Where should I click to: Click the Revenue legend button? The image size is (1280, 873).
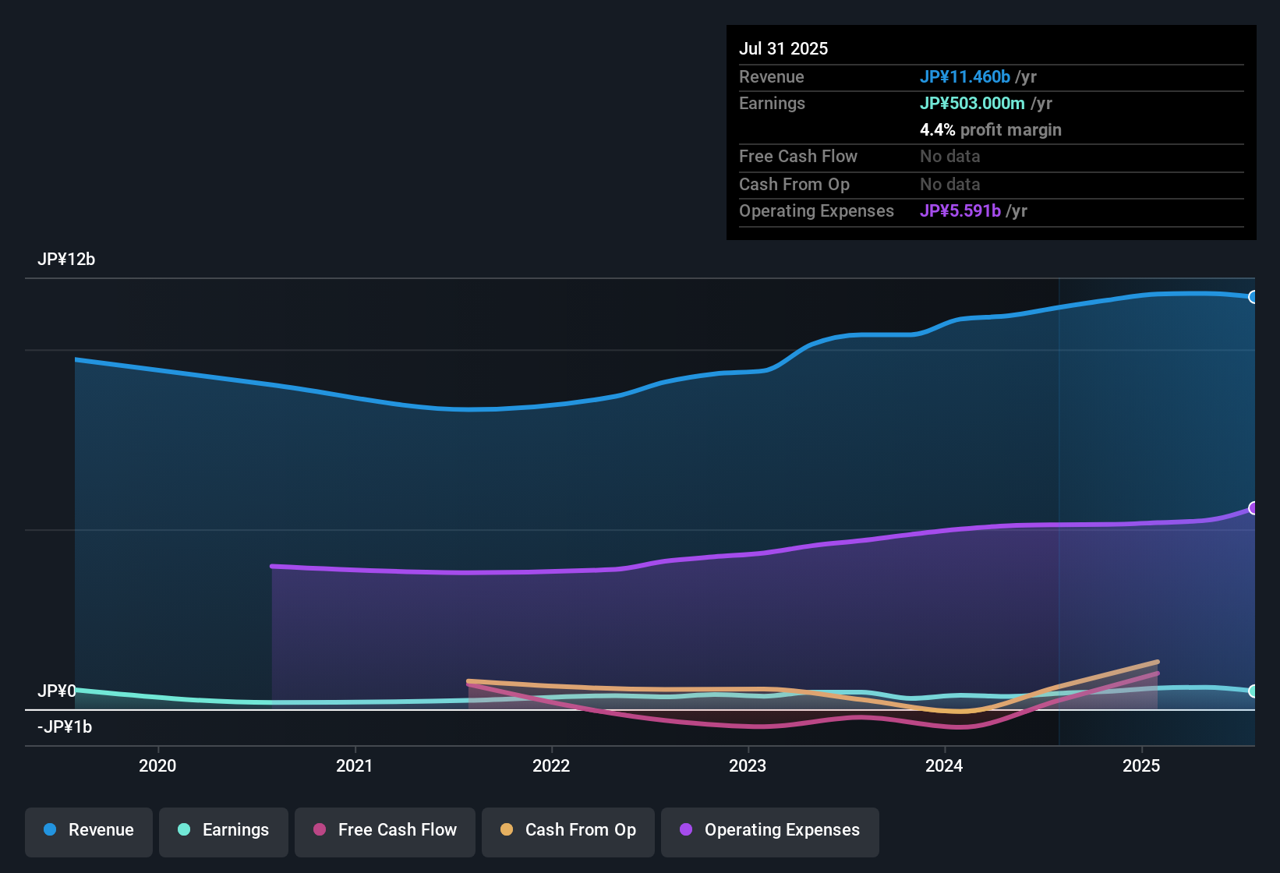(x=89, y=830)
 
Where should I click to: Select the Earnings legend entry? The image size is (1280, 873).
(x=223, y=830)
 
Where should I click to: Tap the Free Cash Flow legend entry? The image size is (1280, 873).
(x=385, y=830)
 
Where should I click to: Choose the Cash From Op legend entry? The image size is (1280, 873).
(x=568, y=830)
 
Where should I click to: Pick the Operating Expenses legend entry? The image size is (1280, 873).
(x=770, y=830)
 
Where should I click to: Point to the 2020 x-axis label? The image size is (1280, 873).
(x=157, y=765)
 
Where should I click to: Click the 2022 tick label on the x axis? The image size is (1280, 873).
(x=551, y=765)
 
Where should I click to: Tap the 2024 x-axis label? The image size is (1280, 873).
(x=944, y=765)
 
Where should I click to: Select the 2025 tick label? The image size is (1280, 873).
(x=1141, y=765)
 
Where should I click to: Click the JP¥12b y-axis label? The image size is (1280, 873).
(x=66, y=260)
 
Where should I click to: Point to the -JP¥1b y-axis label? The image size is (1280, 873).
(x=65, y=727)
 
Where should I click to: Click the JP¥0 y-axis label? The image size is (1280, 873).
(x=57, y=691)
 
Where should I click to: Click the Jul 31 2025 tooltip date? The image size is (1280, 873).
(x=783, y=48)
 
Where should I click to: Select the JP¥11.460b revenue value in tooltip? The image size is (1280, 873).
(x=965, y=76)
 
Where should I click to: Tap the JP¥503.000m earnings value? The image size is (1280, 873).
(x=972, y=103)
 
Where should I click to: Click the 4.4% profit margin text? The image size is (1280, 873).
(x=990, y=130)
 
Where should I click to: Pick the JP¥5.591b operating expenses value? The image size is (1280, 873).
(x=960, y=210)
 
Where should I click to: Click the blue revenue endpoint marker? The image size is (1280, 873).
(x=1253, y=297)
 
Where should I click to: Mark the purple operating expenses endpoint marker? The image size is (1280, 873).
(x=1253, y=508)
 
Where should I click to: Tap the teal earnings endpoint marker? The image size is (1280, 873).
(x=1253, y=691)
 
